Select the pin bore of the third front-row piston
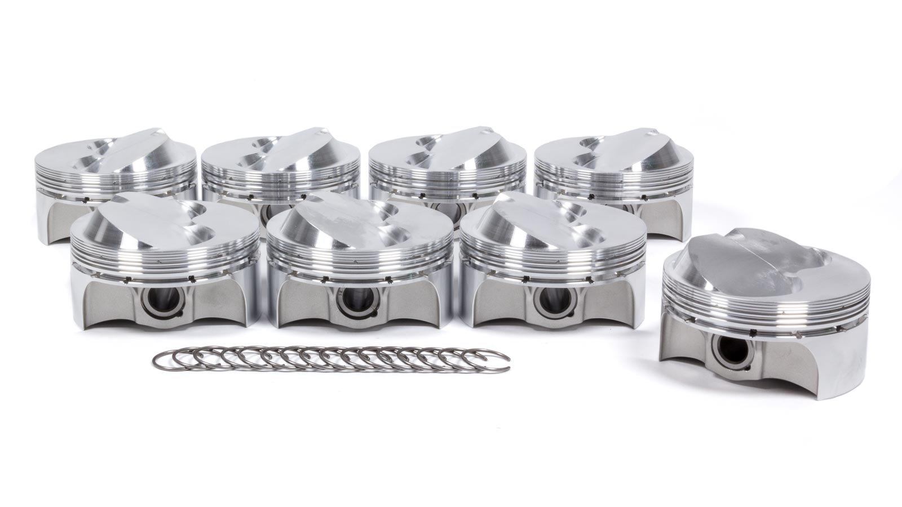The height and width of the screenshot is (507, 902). click(x=548, y=302)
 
